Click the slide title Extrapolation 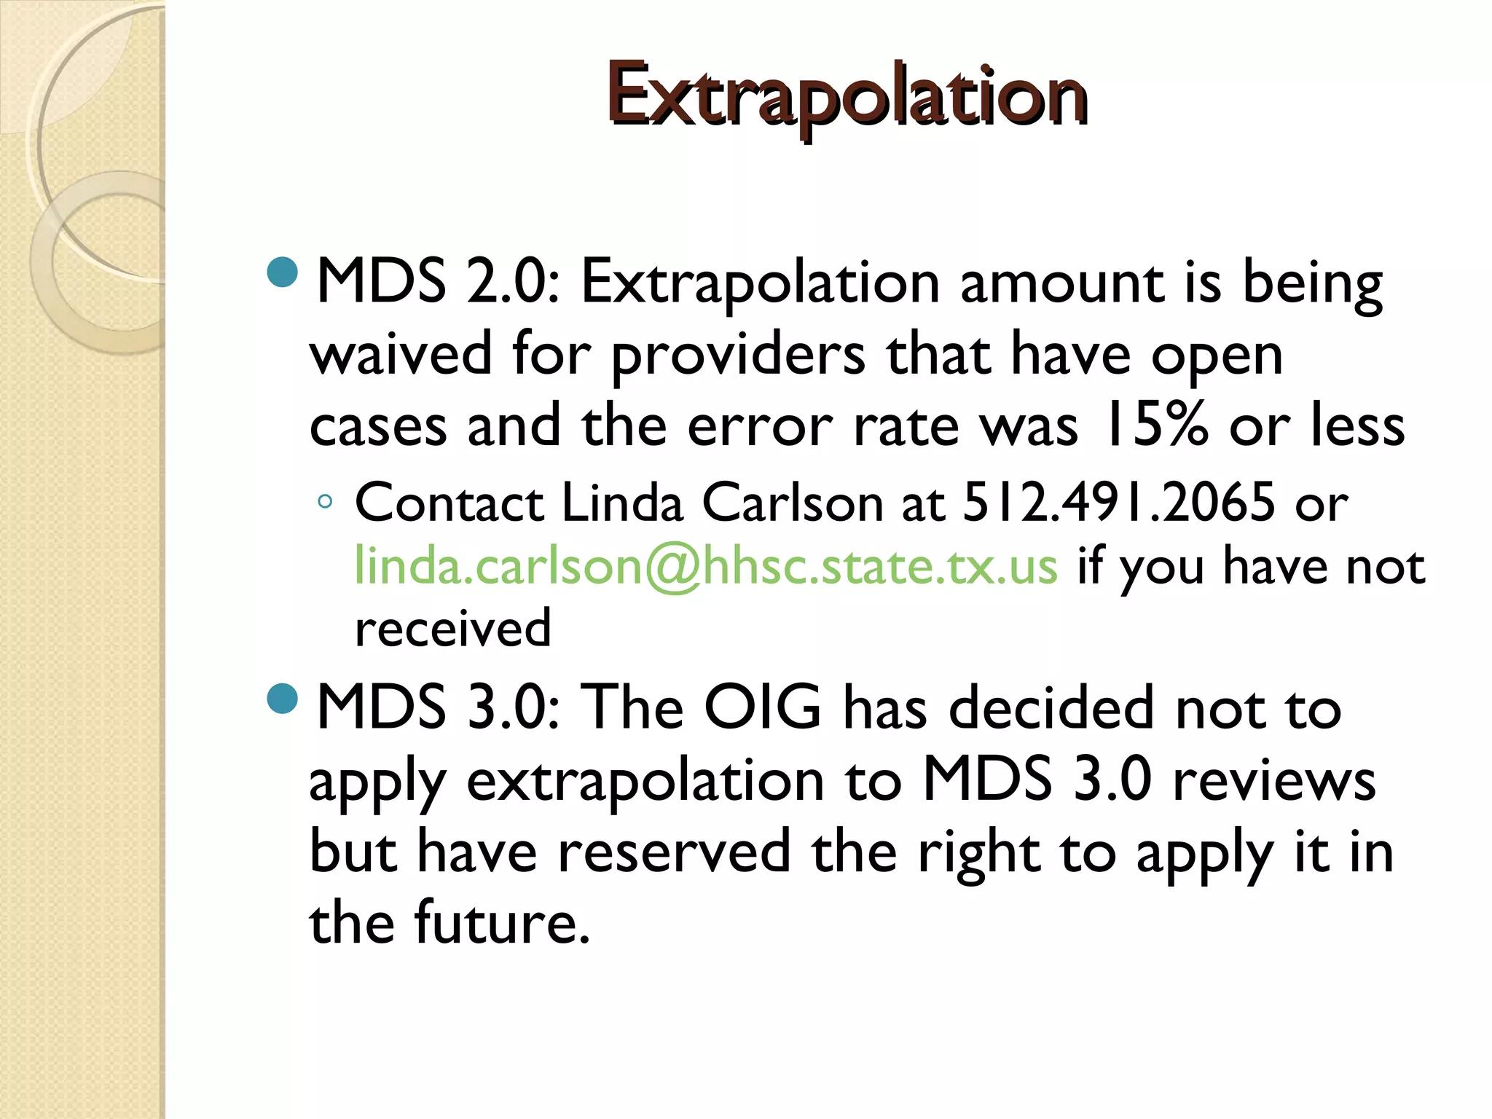click(x=847, y=96)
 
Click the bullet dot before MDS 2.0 click(x=283, y=272)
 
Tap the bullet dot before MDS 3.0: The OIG click(x=283, y=699)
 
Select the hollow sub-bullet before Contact click(x=326, y=501)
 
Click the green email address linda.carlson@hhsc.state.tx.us click(x=705, y=567)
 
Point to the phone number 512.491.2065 click(x=1120, y=503)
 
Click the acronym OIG click(x=763, y=707)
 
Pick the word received click(x=452, y=629)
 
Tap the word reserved click(x=675, y=852)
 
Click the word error click(x=760, y=428)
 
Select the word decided click(x=1052, y=707)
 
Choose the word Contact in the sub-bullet click(x=449, y=503)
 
